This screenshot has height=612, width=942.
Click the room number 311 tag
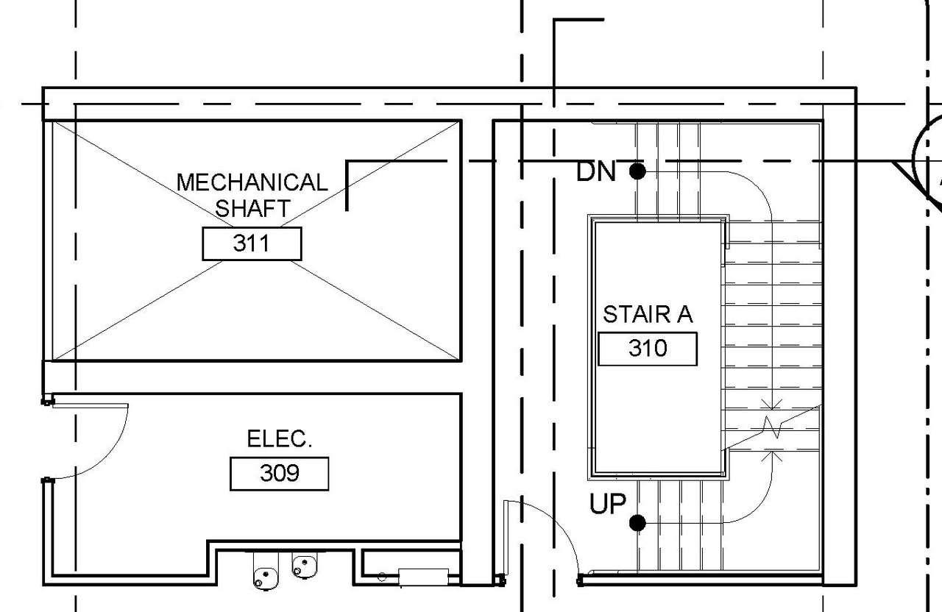(252, 243)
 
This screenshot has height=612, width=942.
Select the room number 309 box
(280, 473)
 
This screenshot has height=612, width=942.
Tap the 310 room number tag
(647, 348)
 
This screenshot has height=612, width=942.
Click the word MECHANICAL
(252, 182)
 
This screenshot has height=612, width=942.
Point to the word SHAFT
(252, 208)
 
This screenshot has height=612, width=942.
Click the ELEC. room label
(280, 439)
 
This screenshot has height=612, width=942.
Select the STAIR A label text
(648, 314)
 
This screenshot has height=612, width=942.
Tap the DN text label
(595, 172)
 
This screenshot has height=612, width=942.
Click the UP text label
(607, 505)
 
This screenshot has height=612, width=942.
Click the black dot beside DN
(637, 171)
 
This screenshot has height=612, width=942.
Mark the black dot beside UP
(637, 523)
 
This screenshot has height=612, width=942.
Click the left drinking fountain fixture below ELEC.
(263, 571)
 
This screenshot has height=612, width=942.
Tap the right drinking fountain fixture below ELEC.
(302, 565)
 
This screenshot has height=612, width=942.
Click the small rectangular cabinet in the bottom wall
(423, 575)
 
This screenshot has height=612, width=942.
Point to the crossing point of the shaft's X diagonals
(256, 241)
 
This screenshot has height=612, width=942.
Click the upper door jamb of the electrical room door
(47, 402)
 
